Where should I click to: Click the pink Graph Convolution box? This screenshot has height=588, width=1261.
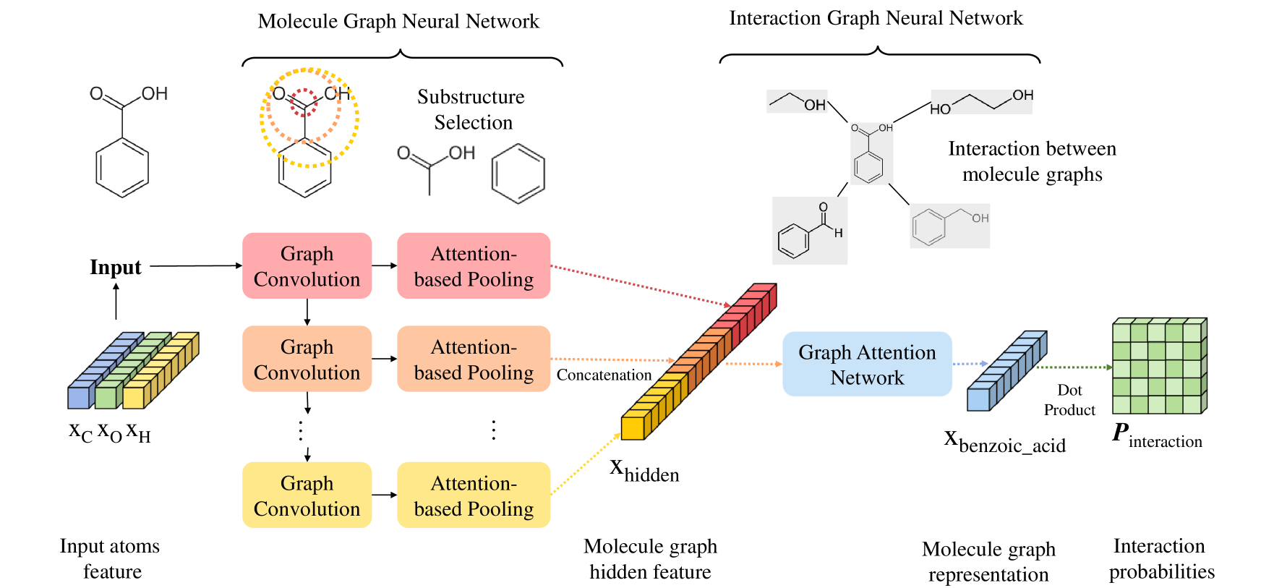[307, 265]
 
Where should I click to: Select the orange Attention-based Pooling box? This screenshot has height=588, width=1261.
[474, 359]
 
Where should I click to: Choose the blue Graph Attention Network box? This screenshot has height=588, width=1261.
[867, 364]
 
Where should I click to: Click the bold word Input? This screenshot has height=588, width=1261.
[116, 267]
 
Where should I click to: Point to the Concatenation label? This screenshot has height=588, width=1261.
[604, 375]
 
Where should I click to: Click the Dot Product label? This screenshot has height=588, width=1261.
[1069, 400]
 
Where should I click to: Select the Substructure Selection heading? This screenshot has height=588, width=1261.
[471, 109]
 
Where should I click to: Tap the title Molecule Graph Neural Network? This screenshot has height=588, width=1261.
[398, 21]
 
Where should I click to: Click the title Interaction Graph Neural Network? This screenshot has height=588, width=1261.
[876, 18]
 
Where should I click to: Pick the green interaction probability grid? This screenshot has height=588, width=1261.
[1160, 365]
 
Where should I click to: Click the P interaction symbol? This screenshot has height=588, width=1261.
[1157, 435]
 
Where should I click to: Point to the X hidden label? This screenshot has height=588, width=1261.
[644, 471]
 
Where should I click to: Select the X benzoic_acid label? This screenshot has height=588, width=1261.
[1005, 441]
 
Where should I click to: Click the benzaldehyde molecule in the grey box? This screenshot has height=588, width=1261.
[810, 231]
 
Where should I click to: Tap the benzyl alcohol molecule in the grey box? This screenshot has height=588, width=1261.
[950, 226]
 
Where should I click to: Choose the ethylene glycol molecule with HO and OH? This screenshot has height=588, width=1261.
[981, 102]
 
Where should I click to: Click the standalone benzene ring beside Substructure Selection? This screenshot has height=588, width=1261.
[518, 174]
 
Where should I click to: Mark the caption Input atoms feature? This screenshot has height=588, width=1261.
[111, 558]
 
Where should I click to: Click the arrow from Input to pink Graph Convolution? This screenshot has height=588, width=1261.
[196, 266]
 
